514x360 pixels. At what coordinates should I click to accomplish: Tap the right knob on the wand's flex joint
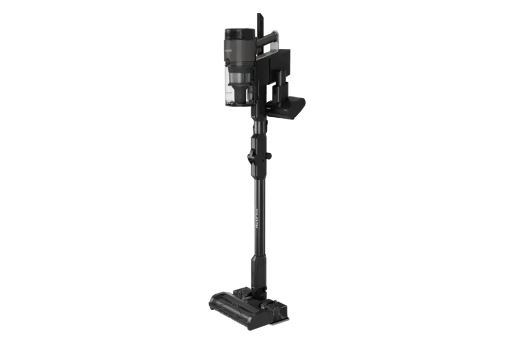pyautogui.click(x=269, y=156)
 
